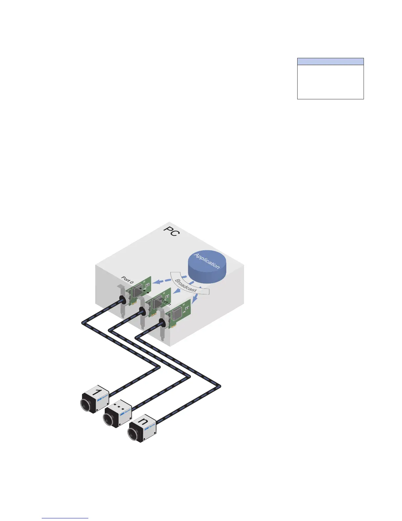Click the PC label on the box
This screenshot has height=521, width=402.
click(172, 231)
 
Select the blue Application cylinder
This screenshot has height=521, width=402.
click(207, 266)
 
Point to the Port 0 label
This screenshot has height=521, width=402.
click(127, 280)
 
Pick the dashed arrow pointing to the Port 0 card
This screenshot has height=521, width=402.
click(162, 281)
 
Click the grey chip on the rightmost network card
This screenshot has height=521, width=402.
click(178, 313)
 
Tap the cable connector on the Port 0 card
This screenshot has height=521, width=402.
click(122, 300)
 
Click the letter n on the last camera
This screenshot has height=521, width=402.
click(143, 421)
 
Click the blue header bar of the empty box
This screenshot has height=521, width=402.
click(330, 62)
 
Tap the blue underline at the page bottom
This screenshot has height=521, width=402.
click(65, 518)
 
